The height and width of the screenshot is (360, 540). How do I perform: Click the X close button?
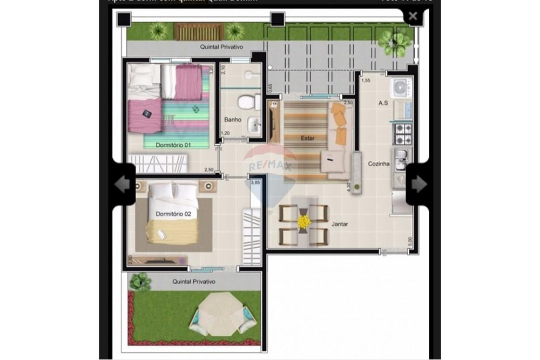tap(413, 16)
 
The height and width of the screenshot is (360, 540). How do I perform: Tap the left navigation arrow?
tap(123, 185)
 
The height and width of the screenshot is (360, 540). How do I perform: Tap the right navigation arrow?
tap(418, 185)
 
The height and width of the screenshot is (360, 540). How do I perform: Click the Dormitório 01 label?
tap(173, 145)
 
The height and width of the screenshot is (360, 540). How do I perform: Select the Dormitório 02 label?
tap(173, 214)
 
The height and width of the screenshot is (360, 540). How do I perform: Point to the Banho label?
tap(233, 119)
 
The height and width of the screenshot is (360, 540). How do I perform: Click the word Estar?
tap(307, 139)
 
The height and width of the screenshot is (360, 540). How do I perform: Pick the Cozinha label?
tap(379, 164)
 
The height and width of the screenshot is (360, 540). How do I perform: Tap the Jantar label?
tap(339, 223)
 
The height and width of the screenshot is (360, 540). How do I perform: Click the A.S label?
tap(384, 103)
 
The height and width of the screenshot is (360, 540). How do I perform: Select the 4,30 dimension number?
tap(348, 187)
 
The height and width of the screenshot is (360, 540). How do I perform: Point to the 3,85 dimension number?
tap(256, 182)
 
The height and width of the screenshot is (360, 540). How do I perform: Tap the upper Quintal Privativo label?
tap(221, 47)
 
